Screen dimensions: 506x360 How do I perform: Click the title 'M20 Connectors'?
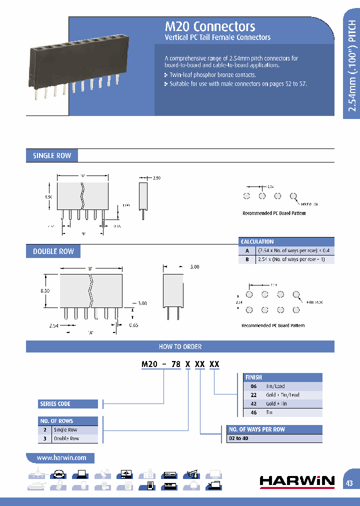click(x=210, y=26)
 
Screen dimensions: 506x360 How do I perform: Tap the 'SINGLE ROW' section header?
click(x=52, y=156)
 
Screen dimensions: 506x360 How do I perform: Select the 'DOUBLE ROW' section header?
click(x=53, y=251)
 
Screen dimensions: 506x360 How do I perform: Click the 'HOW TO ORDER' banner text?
click(x=180, y=346)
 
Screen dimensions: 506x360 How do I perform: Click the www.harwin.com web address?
click(x=61, y=457)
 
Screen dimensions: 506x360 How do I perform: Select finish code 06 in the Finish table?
click(x=253, y=386)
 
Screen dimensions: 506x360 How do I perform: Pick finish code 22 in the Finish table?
click(x=253, y=395)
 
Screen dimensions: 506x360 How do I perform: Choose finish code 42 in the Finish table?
click(x=253, y=403)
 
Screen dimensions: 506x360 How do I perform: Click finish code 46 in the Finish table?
click(x=253, y=412)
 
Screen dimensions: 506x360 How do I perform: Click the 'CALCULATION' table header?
click(x=257, y=241)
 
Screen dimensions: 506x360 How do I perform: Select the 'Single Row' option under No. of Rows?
click(x=65, y=430)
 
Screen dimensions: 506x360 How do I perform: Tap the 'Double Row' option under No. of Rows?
click(x=66, y=438)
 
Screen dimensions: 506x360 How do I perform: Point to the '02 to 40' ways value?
click(x=238, y=438)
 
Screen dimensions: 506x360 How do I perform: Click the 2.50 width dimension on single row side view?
click(x=157, y=178)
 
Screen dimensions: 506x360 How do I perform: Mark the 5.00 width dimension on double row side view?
click(x=194, y=267)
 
